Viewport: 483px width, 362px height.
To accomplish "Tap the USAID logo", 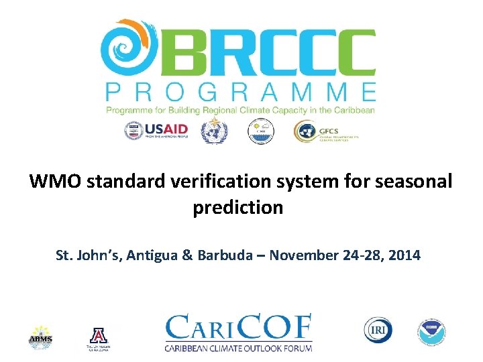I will pyautogui.click(x=157, y=130).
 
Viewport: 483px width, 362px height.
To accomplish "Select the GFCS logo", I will pyautogui.click(x=326, y=131).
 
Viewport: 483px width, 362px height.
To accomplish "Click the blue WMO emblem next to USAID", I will pyautogui.click(x=215, y=130).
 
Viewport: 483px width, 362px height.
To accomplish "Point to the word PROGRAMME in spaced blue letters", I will pyautogui.click(x=240, y=92).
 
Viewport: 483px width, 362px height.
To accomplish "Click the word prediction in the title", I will pyautogui.click(x=238, y=208).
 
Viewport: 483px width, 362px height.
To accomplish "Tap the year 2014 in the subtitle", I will pyautogui.click(x=405, y=255).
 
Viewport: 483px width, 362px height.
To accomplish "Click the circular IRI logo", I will pyautogui.click(x=378, y=330).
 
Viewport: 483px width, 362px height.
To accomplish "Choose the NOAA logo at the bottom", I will pyautogui.click(x=432, y=332).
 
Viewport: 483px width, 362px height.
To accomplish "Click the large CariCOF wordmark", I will pyautogui.click(x=239, y=328).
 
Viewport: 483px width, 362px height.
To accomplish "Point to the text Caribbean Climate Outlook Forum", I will pyautogui.click(x=239, y=347).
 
